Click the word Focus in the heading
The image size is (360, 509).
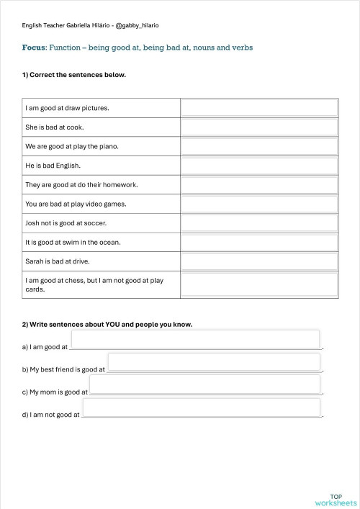point(34,48)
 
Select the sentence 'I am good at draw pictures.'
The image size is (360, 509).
point(68,108)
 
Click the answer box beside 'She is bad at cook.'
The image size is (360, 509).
point(259,127)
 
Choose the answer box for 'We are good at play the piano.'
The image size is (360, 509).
point(259,146)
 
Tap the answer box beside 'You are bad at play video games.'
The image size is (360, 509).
point(259,204)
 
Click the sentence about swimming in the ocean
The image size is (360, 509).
point(73,242)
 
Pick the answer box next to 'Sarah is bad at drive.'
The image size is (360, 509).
point(259,261)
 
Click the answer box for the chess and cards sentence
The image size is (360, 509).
point(259,284)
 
